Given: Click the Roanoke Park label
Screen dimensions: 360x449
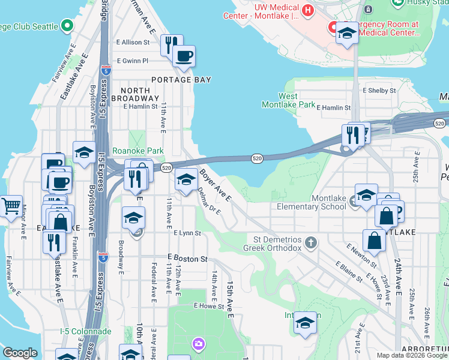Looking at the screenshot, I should pyautogui.click(x=138, y=151).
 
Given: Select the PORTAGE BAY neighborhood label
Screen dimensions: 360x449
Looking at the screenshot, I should pyautogui.click(x=181, y=79).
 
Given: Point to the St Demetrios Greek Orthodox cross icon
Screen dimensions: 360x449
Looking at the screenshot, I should pyautogui.click(x=310, y=242).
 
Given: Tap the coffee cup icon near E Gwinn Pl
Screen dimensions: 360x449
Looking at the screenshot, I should pyautogui.click(x=184, y=56).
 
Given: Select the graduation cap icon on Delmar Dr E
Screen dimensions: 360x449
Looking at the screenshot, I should pyautogui.click(x=186, y=179).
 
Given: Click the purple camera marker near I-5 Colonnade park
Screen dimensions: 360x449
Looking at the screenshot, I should pyautogui.click(x=198, y=344).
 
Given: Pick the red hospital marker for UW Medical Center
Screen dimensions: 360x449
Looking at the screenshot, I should pyautogui.click(x=308, y=10).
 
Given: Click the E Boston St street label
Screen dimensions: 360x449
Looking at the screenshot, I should pyautogui.click(x=187, y=259).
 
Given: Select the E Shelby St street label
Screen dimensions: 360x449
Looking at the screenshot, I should pyautogui.click(x=379, y=91).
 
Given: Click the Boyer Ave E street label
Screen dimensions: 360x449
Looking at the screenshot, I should pyautogui.click(x=215, y=185).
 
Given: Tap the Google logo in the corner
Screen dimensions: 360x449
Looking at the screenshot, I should pyautogui.click(x=20, y=353).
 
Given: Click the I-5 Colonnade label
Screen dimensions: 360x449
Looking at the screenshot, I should pyautogui.click(x=86, y=331).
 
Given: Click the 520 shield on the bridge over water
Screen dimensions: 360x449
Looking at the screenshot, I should pyautogui.click(x=257, y=158).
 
